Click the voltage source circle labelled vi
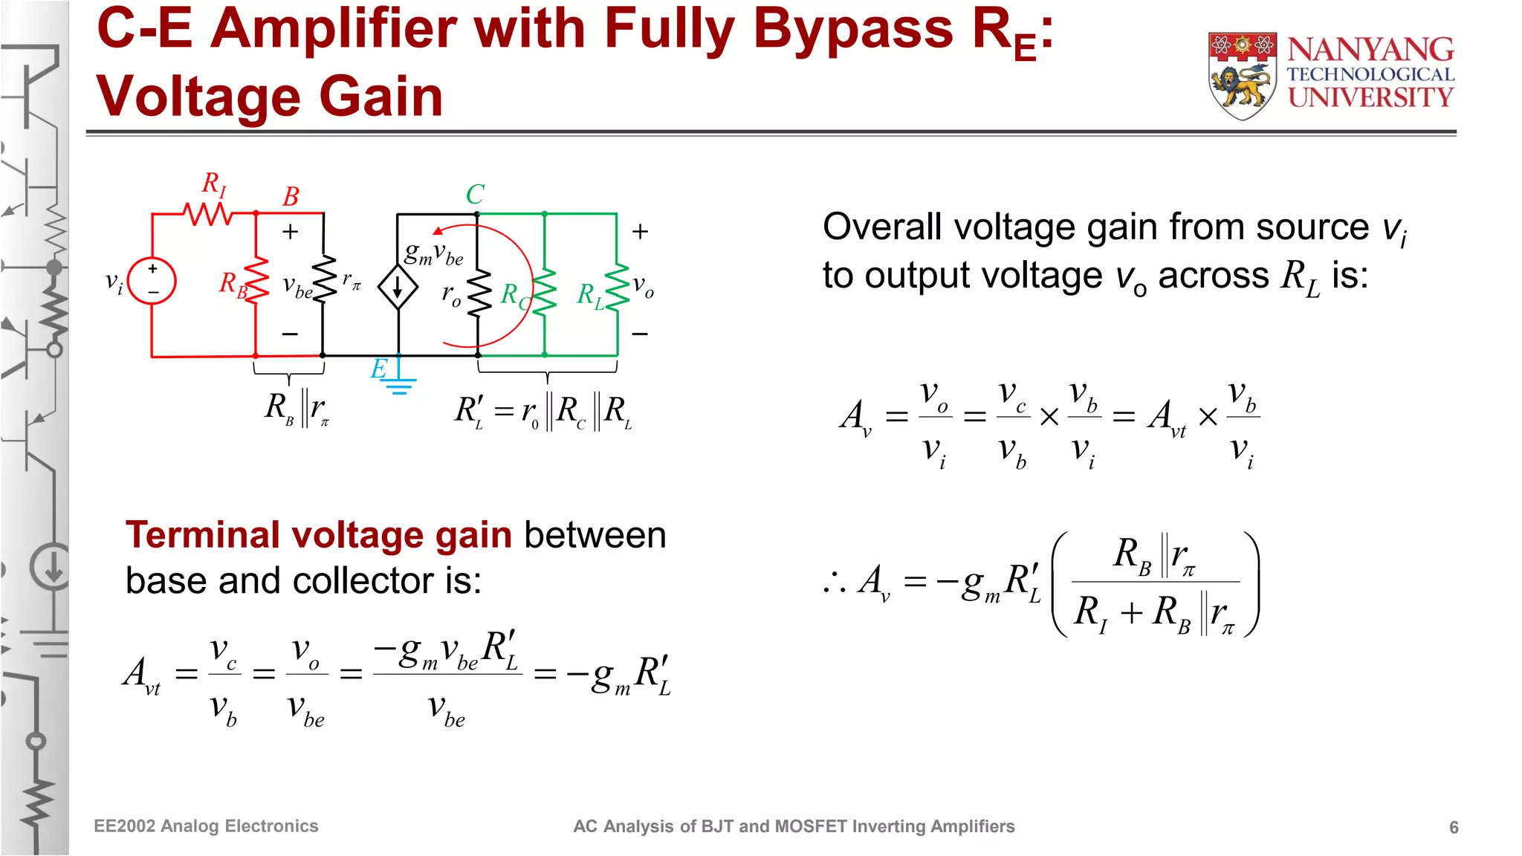[152, 281]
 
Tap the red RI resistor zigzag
[209, 214]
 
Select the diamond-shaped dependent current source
[398, 287]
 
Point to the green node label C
[475, 195]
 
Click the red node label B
[291, 197]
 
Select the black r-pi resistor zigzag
[324, 279]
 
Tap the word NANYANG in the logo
[1370, 50]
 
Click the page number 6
[1454, 827]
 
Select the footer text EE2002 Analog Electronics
[206, 826]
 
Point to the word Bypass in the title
[853, 30]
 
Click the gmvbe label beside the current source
[433, 255]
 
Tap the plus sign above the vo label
[640, 232]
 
